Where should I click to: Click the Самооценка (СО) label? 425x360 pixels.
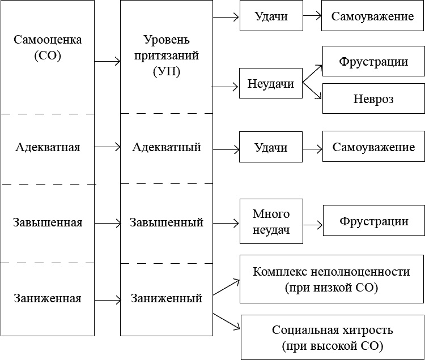click(47, 48)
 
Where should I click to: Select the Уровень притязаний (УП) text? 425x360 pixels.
click(167, 57)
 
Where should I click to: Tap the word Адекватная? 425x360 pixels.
click(47, 147)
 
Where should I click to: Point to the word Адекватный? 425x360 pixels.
click(167, 147)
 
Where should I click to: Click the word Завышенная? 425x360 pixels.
click(47, 222)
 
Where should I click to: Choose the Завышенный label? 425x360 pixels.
click(167, 222)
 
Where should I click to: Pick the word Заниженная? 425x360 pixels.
click(47, 298)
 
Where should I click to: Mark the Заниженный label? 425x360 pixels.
click(167, 298)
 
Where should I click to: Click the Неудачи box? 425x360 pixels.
click(271, 84)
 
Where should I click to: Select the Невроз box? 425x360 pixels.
click(373, 99)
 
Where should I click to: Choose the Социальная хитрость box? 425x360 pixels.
click(333, 337)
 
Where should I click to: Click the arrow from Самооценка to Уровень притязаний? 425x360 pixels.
click(108, 61)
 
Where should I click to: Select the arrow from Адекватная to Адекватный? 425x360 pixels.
click(108, 147)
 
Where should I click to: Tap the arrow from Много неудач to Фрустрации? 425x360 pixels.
click(312, 222)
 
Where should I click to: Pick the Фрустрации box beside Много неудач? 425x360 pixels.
click(373, 221)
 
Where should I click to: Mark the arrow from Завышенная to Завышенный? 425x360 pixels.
click(108, 222)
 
